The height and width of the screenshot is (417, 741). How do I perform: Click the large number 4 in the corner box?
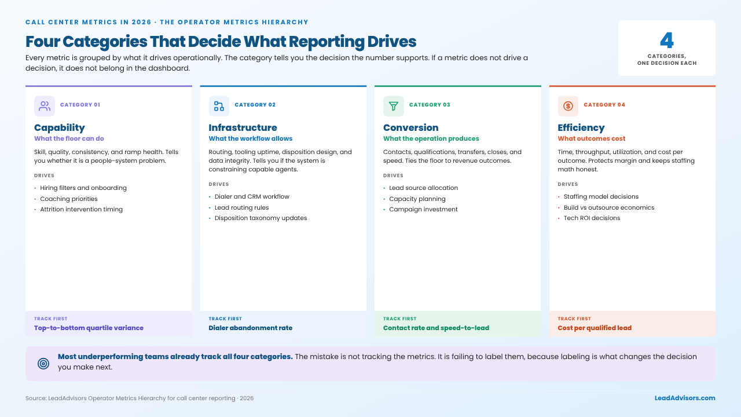coord(666,41)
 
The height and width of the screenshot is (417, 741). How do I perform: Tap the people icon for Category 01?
coord(45,106)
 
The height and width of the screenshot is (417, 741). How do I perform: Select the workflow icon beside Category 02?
coord(219,106)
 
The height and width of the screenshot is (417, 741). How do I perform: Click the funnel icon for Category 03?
coord(393,106)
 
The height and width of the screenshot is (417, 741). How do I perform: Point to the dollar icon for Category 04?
coord(568,106)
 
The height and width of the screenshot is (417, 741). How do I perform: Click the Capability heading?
coord(60,128)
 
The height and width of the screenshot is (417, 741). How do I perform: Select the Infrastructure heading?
coord(243,127)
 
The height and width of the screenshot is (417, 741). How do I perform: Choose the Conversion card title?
coord(411,127)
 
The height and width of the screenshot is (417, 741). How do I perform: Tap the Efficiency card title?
coord(581,128)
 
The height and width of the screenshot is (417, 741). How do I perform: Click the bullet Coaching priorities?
coord(69,199)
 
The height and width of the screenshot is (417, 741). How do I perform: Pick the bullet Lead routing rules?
coord(242,207)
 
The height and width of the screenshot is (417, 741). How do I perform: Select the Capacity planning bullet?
coord(417,199)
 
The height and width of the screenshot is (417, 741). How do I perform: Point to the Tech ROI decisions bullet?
coord(592,218)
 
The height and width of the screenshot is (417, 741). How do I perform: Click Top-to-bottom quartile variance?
coord(89,328)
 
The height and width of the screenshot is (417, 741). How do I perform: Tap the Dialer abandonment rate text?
coord(251,328)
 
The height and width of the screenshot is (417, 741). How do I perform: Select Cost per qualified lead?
coord(595,328)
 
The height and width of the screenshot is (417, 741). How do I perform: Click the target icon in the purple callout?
coord(43,364)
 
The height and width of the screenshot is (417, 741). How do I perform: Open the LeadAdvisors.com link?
coord(685,398)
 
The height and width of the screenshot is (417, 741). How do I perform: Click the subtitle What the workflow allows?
coord(251,138)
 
